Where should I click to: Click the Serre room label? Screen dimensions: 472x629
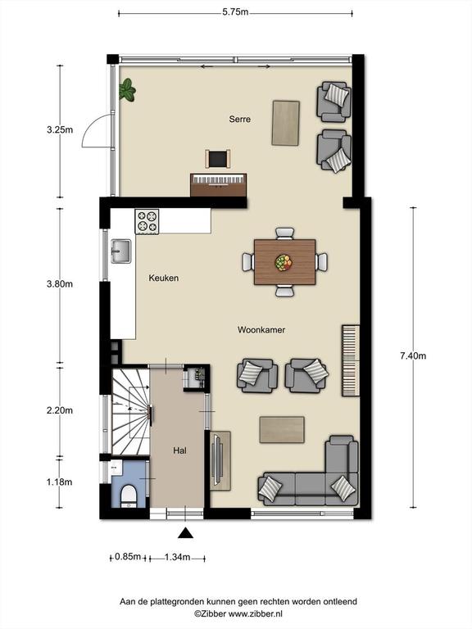[239, 119]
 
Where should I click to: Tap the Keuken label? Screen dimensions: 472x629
[164, 278]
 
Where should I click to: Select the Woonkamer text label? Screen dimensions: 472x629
[261, 330]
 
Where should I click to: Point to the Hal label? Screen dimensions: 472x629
[179, 450]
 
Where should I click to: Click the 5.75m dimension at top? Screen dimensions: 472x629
[235, 12]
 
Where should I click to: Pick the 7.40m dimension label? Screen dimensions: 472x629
[413, 355]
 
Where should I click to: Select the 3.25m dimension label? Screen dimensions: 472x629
[60, 130]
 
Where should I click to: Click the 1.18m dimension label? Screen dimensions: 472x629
[59, 482]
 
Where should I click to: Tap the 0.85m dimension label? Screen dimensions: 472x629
[128, 556]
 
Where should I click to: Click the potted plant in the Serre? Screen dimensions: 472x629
[127, 89]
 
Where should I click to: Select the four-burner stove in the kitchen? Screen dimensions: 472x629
[147, 221]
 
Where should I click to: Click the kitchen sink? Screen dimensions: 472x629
[120, 251]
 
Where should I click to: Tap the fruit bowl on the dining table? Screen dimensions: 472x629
[284, 262]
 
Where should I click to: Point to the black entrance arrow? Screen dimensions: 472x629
[185, 532]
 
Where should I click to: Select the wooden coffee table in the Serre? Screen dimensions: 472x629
[286, 123]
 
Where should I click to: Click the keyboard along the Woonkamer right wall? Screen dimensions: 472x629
[351, 360]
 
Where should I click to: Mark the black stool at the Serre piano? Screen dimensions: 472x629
[218, 159]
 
